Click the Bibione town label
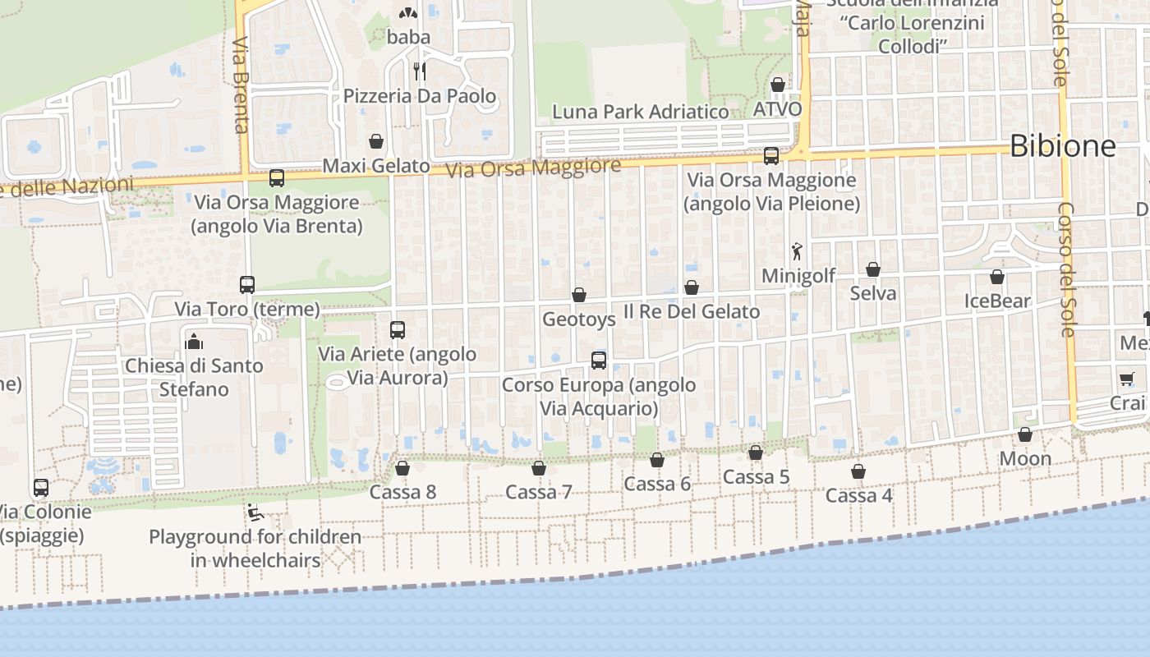[x=1062, y=146]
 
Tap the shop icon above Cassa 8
[x=402, y=468]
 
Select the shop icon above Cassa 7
[x=539, y=468]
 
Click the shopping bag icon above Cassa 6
[x=657, y=460]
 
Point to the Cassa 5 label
[x=756, y=477]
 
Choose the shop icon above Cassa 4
[x=858, y=471]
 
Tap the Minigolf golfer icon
[x=796, y=251]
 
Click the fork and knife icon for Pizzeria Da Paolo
[x=420, y=71]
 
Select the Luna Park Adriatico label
[x=641, y=112]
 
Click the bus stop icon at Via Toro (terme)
[x=247, y=285]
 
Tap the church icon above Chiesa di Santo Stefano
[x=195, y=341]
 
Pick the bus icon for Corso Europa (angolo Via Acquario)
[x=599, y=360]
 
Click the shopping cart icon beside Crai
[x=1125, y=379]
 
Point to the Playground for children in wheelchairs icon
[x=255, y=513]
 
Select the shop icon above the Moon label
[x=1025, y=434]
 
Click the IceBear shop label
[x=997, y=301]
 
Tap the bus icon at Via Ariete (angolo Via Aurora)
[x=398, y=330]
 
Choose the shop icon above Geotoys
[x=579, y=295]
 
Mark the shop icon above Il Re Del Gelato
[x=692, y=287]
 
